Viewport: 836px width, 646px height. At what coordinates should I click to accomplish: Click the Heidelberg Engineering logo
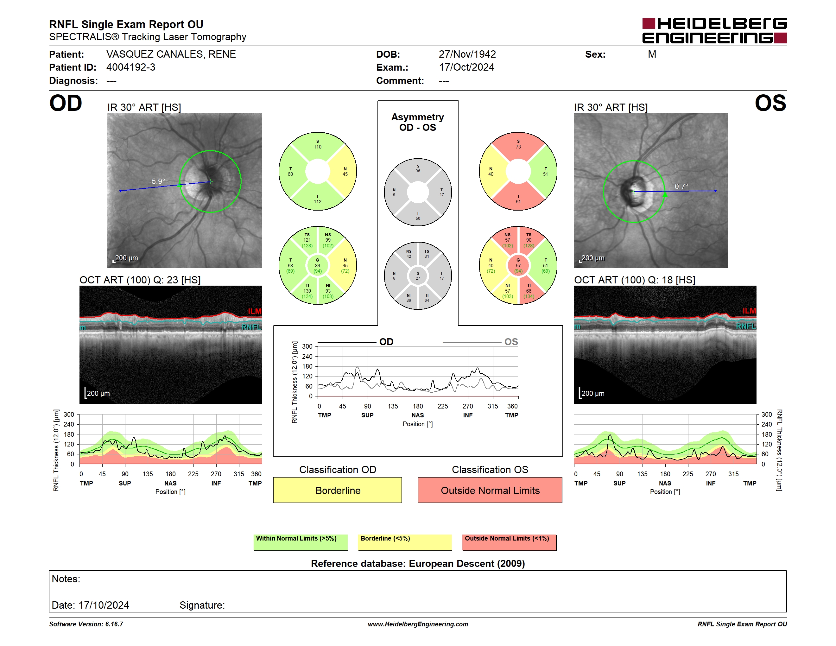point(714,31)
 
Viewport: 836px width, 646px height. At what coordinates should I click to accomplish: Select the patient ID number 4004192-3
point(131,67)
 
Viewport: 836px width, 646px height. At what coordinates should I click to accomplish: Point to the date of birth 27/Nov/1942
point(467,54)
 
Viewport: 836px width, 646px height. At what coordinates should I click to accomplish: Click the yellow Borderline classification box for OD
point(338,490)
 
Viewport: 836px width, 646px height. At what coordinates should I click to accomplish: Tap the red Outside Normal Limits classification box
point(490,490)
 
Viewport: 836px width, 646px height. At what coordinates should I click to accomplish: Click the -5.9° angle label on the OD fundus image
point(157,181)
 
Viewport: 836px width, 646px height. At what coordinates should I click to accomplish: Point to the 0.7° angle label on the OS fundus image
point(681,187)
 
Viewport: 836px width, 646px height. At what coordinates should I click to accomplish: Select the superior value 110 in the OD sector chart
point(318,147)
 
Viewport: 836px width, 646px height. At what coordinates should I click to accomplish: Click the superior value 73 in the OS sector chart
point(518,147)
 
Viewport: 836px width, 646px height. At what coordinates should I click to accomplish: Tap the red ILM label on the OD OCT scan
point(255,311)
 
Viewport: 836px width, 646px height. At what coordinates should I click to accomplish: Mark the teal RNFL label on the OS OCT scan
point(746,326)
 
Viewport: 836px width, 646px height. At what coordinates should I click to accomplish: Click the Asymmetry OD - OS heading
point(418,122)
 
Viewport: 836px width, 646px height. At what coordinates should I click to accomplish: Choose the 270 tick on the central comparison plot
point(468,406)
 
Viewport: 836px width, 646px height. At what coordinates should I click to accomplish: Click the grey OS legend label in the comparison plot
point(511,342)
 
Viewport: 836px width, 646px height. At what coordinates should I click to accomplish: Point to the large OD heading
point(66,103)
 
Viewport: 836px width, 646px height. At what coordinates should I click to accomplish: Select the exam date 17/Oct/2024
point(467,67)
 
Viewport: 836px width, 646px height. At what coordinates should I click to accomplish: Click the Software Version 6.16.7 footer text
point(86,624)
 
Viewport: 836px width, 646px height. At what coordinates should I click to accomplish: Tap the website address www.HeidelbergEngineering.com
point(418,624)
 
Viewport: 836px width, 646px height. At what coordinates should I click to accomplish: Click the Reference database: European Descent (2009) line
point(418,563)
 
